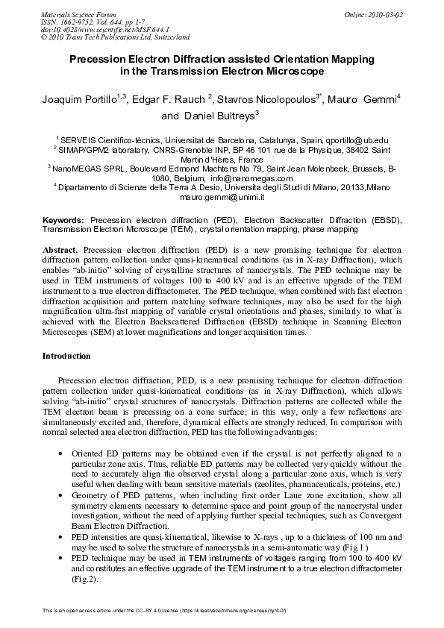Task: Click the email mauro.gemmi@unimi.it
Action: (222, 197)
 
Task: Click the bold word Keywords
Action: (64, 221)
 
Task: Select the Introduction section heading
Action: (67, 357)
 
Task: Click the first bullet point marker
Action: (60, 453)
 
